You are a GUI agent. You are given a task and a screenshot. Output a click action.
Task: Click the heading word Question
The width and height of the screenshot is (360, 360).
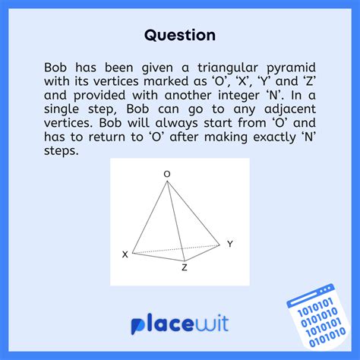(180, 35)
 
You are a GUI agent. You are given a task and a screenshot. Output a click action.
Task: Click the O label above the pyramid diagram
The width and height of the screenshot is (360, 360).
(167, 175)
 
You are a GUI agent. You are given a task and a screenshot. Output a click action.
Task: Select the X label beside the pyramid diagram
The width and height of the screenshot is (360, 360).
(125, 255)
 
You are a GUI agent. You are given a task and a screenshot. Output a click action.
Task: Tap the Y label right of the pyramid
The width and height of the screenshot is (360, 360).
(229, 244)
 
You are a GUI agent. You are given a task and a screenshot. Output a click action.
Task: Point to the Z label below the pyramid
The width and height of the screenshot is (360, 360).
(184, 268)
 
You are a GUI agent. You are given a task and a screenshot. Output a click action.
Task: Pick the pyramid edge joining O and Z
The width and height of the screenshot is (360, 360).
(174, 220)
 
